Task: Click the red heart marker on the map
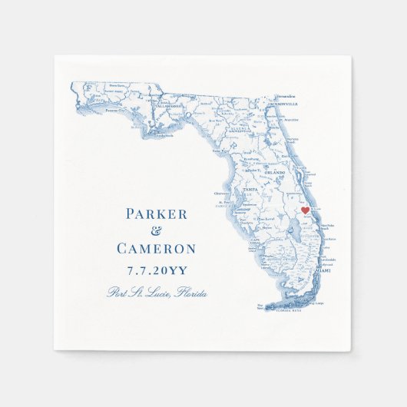pyautogui.click(x=304, y=210)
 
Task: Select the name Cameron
pyautogui.click(x=156, y=249)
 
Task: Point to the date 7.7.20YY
pyautogui.click(x=156, y=270)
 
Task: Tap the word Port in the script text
pyautogui.click(x=118, y=293)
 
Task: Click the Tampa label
pyautogui.click(x=248, y=190)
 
